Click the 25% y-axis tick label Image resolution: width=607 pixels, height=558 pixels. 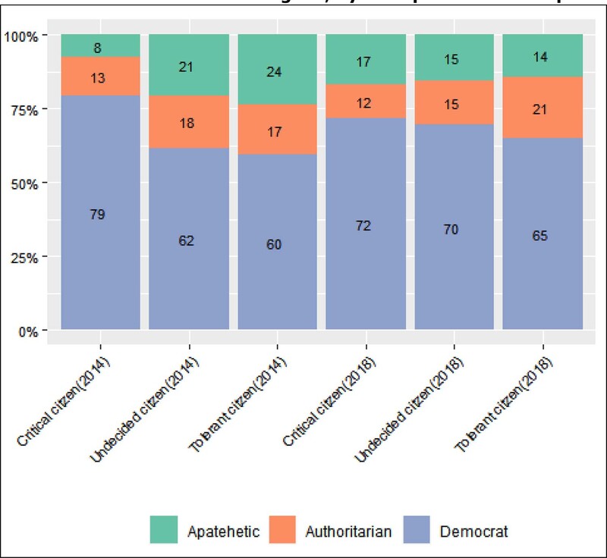27,256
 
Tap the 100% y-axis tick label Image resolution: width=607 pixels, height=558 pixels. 25,36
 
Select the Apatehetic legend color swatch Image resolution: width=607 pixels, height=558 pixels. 164,530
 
